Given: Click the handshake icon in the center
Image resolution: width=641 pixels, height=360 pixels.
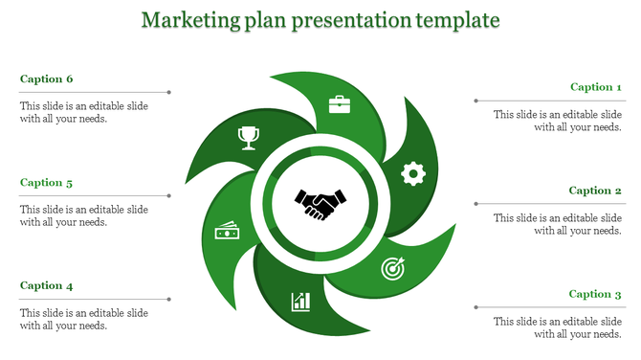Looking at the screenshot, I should tap(320, 204).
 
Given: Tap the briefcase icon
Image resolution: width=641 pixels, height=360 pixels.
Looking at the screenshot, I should tap(340, 103).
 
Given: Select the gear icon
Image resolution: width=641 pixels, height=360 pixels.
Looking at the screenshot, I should tap(412, 172).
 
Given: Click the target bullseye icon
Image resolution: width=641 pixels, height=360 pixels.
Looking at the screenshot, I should tap(392, 269).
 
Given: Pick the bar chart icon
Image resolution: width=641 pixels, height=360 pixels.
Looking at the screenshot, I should tap(301, 303).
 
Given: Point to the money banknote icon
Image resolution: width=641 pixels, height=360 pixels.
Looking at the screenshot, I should tap(227, 233).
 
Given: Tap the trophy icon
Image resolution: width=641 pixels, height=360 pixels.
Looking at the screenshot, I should tap(249, 139).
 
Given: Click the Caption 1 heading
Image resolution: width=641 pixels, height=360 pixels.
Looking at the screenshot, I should tap(596, 87).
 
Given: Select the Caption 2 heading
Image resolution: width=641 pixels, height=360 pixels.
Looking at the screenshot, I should tap(596, 191).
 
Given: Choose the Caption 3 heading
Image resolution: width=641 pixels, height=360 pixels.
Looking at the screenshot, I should tap(596, 294).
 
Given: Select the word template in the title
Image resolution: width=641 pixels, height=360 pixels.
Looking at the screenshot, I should tap(455, 19).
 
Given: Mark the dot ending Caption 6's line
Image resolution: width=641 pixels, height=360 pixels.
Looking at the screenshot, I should tap(169, 93).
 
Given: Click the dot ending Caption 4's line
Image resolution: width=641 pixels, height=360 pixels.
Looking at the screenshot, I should tap(169, 300).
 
